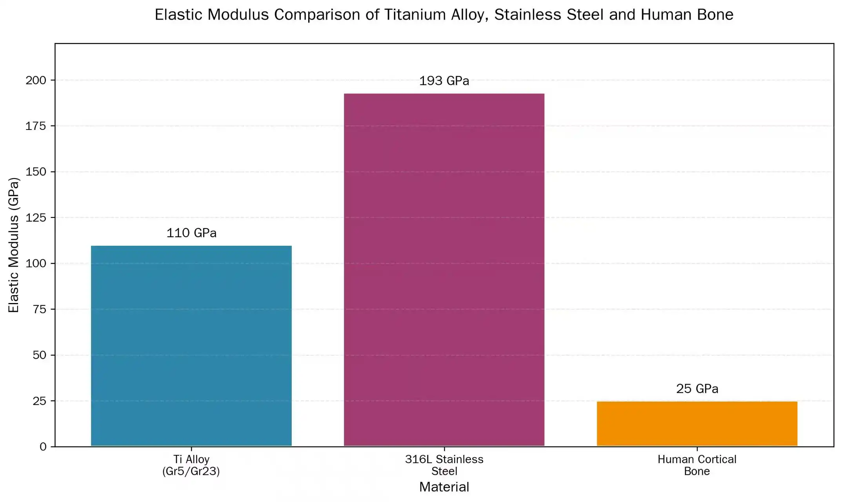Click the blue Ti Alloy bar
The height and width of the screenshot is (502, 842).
click(x=191, y=345)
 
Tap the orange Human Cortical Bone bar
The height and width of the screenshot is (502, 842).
click(x=697, y=424)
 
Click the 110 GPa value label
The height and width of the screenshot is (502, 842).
click(x=191, y=233)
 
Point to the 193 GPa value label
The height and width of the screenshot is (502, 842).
click(x=444, y=81)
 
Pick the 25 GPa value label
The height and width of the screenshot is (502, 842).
click(x=697, y=389)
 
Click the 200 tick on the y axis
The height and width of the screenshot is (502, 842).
click(x=36, y=80)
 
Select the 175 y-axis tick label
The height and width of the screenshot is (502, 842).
click(x=36, y=126)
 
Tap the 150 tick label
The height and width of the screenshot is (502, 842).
click(x=36, y=172)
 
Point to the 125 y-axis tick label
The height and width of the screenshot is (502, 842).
click(x=36, y=218)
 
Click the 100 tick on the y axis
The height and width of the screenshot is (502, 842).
click(x=36, y=263)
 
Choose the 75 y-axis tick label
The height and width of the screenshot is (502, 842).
click(x=40, y=309)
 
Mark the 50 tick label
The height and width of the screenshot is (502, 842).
click(x=40, y=355)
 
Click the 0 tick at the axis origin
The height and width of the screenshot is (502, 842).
click(x=43, y=447)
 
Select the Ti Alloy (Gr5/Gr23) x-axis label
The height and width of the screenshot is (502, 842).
click(x=191, y=465)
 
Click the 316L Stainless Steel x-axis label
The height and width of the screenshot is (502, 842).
click(x=444, y=465)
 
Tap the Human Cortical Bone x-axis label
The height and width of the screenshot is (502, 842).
click(x=697, y=465)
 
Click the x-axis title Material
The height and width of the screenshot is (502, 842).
click(x=444, y=487)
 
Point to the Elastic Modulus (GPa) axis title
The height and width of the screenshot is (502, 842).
click(x=14, y=245)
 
